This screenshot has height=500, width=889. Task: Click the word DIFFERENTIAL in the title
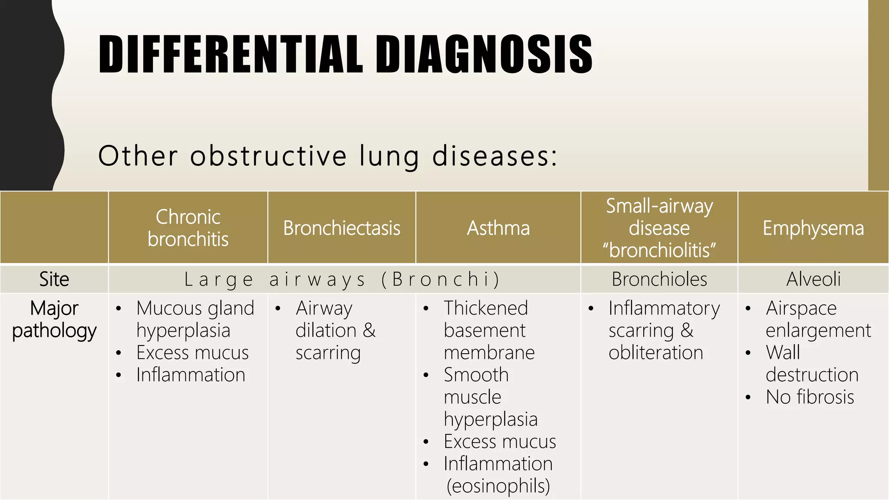pyautogui.click(x=230, y=54)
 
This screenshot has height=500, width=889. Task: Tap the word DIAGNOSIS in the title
pyautogui.click(x=484, y=54)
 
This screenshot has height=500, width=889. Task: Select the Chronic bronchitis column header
pyautogui.click(x=188, y=228)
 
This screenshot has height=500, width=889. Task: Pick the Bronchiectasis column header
pyautogui.click(x=342, y=228)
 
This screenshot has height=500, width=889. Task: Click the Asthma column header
pyautogui.click(x=498, y=228)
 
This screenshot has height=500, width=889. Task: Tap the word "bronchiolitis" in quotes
pyautogui.click(x=659, y=250)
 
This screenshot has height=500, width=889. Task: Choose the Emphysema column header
pyautogui.click(x=813, y=228)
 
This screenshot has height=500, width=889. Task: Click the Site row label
pyautogui.click(x=54, y=279)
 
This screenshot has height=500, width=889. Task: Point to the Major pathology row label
pyautogui.click(x=54, y=319)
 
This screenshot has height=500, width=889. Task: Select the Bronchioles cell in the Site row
pyautogui.click(x=659, y=279)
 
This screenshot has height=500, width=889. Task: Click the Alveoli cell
pyautogui.click(x=813, y=279)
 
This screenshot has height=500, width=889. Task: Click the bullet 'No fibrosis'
pyautogui.click(x=810, y=397)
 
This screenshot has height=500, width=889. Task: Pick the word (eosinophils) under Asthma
pyautogui.click(x=498, y=486)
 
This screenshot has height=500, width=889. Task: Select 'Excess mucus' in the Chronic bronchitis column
pyautogui.click(x=192, y=352)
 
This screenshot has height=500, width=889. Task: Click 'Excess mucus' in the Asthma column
pyautogui.click(x=500, y=441)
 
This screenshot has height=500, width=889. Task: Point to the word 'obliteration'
pyautogui.click(x=655, y=352)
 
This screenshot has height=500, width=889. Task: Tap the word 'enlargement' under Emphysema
pyautogui.click(x=818, y=330)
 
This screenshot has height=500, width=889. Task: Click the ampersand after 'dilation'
pyautogui.click(x=369, y=330)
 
